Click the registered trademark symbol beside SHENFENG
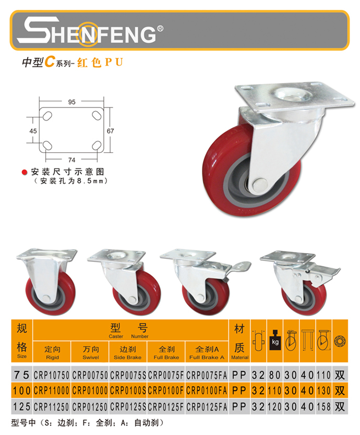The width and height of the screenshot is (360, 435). point(160,29)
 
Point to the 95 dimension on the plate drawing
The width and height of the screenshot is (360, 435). point(71,102)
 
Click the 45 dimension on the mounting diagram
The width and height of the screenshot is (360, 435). point(33,131)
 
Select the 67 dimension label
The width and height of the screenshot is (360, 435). point(110,131)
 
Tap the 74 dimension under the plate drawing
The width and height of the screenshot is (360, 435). point(71,160)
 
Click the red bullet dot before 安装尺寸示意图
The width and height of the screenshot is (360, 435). point(25,172)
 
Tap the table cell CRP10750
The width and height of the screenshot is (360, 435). point(52,376)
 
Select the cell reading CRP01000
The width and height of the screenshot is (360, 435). point(90,391)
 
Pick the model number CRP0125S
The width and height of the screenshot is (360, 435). point(128,407)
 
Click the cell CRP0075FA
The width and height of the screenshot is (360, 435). point(207,376)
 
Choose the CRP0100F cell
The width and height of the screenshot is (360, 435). point(166,391)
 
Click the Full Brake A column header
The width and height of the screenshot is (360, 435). point(207,352)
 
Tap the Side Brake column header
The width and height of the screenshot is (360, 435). point(128,352)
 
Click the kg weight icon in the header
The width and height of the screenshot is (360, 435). point(275,340)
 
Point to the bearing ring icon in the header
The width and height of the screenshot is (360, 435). point(340,341)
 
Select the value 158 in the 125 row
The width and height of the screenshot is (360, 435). point(323,407)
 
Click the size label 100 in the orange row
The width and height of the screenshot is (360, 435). point(22,391)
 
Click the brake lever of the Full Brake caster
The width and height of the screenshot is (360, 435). point(239,267)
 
